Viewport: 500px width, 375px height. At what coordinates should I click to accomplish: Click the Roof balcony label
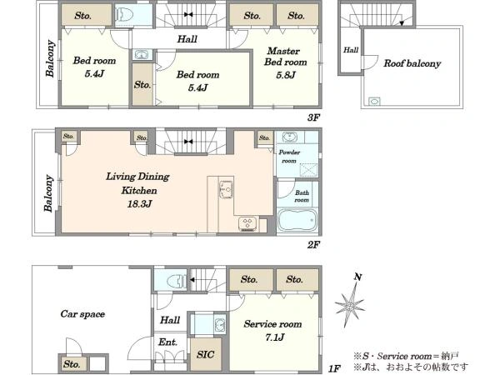tap(412, 63)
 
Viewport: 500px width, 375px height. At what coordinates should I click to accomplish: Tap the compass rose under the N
tap(350, 306)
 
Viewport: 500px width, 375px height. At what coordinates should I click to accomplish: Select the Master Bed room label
tap(285, 57)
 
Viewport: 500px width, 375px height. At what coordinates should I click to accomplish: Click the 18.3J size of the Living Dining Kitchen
tap(139, 204)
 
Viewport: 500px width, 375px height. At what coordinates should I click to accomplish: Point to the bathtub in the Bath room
tap(297, 220)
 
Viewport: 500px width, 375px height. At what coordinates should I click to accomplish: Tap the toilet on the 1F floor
tap(177, 281)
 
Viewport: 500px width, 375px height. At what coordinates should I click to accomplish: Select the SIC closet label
tap(205, 355)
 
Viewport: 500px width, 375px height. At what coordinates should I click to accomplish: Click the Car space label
tap(82, 314)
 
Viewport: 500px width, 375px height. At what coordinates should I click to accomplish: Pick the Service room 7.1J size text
tap(274, 337)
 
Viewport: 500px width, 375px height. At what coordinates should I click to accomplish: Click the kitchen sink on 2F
tap(226, 189)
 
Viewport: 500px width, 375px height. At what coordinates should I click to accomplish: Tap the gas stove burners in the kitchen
tap(247, 223)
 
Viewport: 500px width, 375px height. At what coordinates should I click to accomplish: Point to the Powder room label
tap(289, 157)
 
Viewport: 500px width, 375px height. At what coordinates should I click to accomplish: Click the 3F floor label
tap(313, 117)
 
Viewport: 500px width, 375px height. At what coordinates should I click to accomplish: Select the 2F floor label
tap(313, 244)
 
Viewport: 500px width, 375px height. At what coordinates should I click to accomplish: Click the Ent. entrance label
tap(167, 342)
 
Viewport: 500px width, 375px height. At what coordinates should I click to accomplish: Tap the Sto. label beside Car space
tap(72, 364)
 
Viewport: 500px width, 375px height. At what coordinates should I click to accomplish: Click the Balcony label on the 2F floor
tap(48, 193)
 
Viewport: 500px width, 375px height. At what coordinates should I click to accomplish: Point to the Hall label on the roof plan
tap(351, 50)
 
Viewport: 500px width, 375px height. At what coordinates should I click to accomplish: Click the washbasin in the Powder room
tap(289, 137)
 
